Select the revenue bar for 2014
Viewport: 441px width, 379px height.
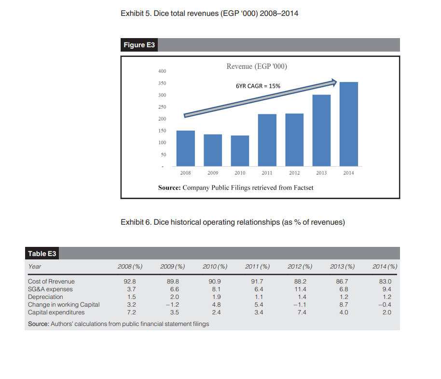pyautogui.click(x=349, y=124)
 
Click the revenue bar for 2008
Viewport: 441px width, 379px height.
pyautogui.click(x=186, y=149)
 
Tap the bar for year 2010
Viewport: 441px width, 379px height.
pyautogui.click(x=240, y=151)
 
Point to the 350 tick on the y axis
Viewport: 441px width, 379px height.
pyautogui.click(x=162, y=83)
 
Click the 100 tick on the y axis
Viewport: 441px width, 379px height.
pyautogui.click(x=162, y=143)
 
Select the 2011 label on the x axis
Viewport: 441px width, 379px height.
pyautogui.click(x=267, y=173)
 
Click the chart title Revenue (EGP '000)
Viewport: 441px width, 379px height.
pyautogui.click(x=257, y=67)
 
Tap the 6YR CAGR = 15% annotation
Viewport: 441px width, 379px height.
pyautogui.click(x=258, y=86)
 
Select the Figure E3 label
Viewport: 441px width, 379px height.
pyautogui.click(x=140, y=45)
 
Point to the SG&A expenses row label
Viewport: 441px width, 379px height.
pyautogui.click(x=50, y=289)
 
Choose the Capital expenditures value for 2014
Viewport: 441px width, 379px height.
pyautogui.click(x=385, y=312)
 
